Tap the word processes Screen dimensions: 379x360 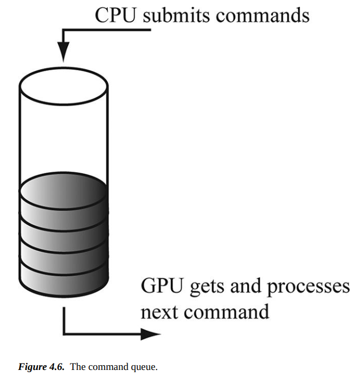tap(308, 288)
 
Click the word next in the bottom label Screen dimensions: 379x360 tap(160, 311)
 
